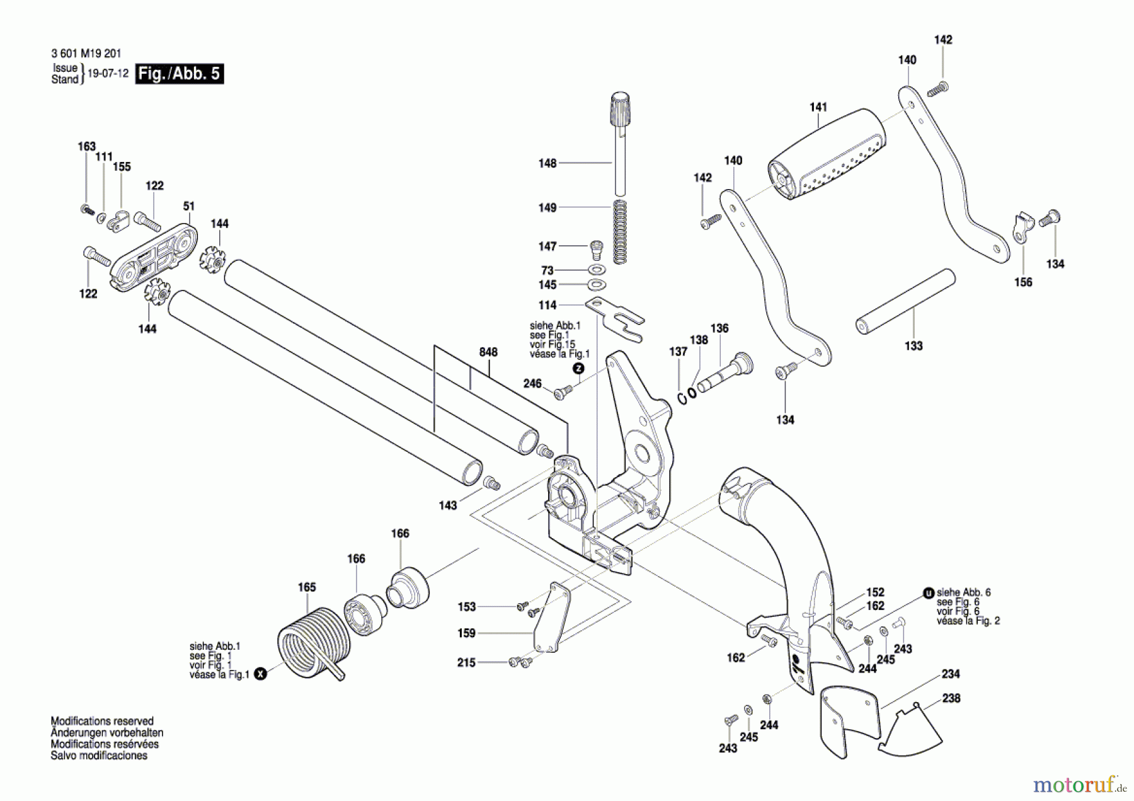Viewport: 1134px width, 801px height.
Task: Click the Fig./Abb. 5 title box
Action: (x=180, y=74)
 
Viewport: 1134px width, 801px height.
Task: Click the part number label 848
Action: (x=488, y=352)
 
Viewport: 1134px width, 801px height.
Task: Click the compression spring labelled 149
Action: (x=621, y=231)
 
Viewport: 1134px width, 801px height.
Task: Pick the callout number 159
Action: (x=466, y=633)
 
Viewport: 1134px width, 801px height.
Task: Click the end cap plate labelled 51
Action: (x=154, y=258)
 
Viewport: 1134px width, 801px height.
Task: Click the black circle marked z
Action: (x=578, y=369)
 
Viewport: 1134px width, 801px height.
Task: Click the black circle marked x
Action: (x=260, y=674)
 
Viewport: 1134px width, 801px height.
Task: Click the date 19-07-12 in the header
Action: (x=108, y=73)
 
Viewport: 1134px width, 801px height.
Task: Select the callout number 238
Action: (x=951, y=698)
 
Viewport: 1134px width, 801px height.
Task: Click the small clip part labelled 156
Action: (x=1022, y=228)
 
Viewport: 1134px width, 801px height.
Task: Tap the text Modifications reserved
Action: (x=102, y=721)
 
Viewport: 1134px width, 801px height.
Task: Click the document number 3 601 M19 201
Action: (x=86, y=54)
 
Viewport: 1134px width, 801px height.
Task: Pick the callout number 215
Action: (x=466, y=662)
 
